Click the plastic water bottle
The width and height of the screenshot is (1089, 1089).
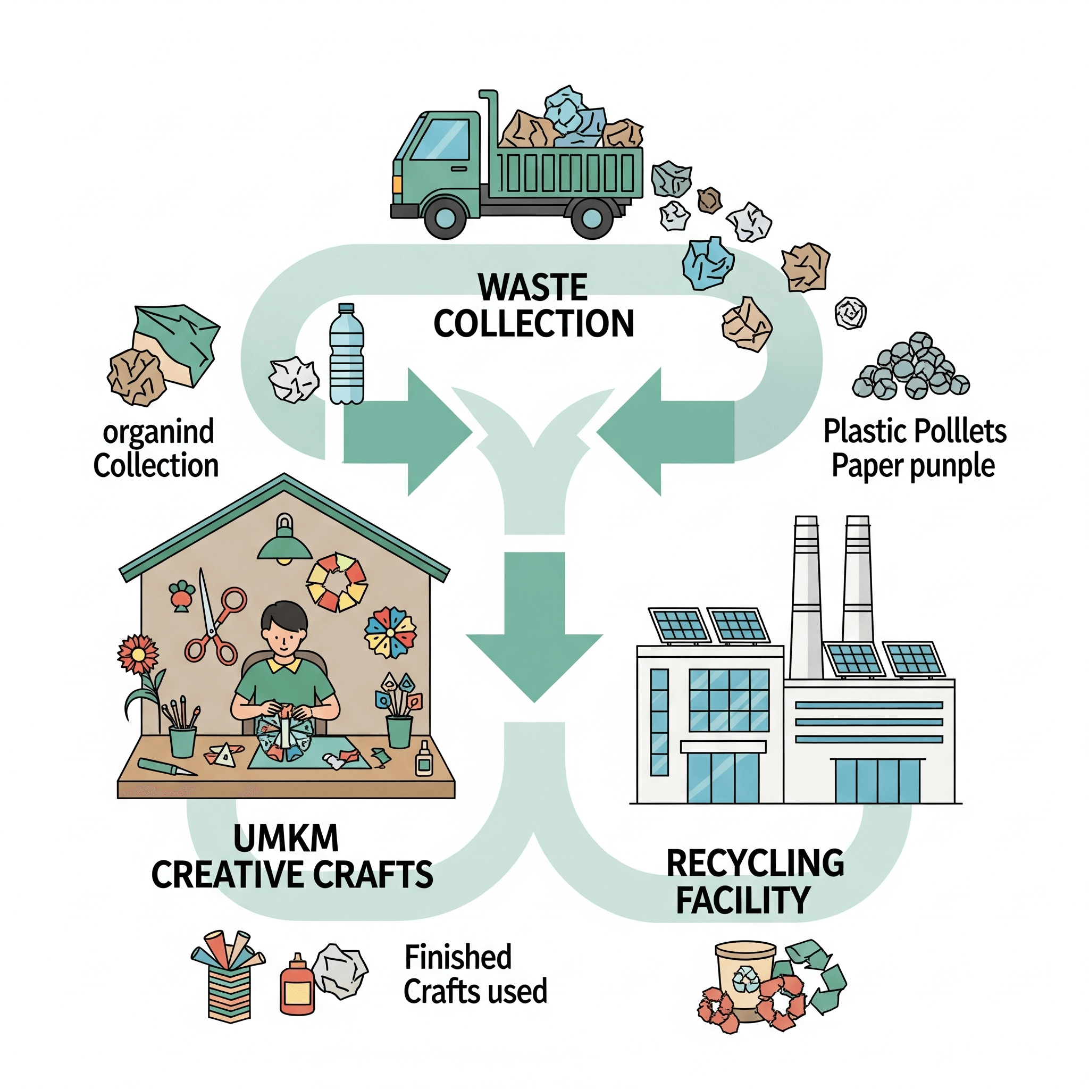coord(346,355)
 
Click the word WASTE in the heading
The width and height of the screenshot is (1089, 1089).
coord(532,287)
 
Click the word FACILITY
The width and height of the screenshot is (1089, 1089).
coord(743,900)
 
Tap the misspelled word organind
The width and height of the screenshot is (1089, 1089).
coord(158,432)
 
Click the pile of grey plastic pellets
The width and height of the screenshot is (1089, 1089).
coord(910,366)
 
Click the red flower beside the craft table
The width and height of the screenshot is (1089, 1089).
coord(138,655)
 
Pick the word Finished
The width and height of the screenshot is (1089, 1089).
coord(458,957)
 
